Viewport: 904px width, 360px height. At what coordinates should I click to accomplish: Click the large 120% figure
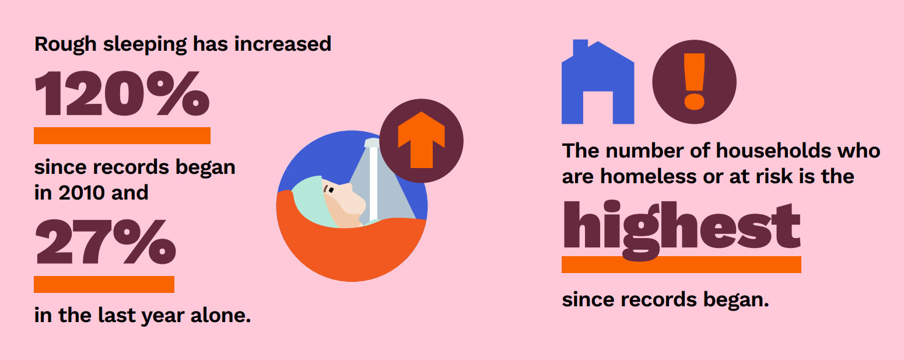click(x=122, y=93)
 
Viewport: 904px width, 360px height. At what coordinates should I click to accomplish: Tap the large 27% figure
click(x=106, y=242)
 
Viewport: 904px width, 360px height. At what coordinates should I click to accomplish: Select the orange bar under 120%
click(x=122, y=135)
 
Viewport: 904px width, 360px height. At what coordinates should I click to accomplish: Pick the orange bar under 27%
click(x=104, y=284)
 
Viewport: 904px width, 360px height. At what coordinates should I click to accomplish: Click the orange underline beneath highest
click(x=681, y=265)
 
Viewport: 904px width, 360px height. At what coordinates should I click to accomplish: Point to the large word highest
click(x=681, y=230)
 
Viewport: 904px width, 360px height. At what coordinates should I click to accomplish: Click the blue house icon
click(x=598, y=82)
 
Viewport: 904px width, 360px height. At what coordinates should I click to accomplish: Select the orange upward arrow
click(x=421, y=140)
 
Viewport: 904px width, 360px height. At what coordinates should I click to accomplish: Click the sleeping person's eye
click(x=330, y=189)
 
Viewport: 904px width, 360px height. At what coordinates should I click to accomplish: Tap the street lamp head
click(x=372, y=143)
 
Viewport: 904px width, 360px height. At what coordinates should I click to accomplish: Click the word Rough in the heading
click(x=65, y=44)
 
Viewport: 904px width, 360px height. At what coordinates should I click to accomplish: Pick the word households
click(x=773, y=151)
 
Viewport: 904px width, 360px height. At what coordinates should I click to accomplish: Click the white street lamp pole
click(x=373, y=184)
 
